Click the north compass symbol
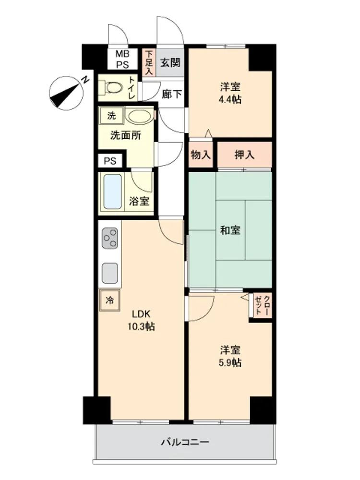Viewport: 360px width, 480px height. [x=67, y=93]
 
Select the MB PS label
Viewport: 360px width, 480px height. [x=122, y=60]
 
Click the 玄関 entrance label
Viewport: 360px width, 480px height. [x=170, y=63]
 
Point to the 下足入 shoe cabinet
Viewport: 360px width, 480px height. [x=149, y=62]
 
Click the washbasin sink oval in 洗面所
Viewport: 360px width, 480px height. [x=139, y=116]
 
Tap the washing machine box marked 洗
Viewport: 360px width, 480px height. [x=111, y=116]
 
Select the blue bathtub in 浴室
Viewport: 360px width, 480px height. [x=112, y=192]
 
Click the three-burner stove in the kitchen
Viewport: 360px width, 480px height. [x=110, y=238]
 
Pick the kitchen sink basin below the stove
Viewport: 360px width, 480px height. [x=110, y=273]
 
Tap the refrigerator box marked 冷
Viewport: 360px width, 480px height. [x=109, y=300]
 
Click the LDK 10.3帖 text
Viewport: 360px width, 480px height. [x=141, y=321]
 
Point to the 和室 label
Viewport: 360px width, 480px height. [x=230, y=230]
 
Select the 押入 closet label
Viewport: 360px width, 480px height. [x=244, y=155]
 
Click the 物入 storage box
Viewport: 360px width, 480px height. [x=201, y=155]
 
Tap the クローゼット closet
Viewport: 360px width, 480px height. [x=263, y=305]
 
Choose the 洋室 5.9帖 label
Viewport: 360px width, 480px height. [x=230, y=356]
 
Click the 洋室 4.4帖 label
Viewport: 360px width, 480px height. [x=230, y=93]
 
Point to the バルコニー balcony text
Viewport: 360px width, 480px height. [x=185, y=442]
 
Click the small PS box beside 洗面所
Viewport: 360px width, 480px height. [x=110, y=161]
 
